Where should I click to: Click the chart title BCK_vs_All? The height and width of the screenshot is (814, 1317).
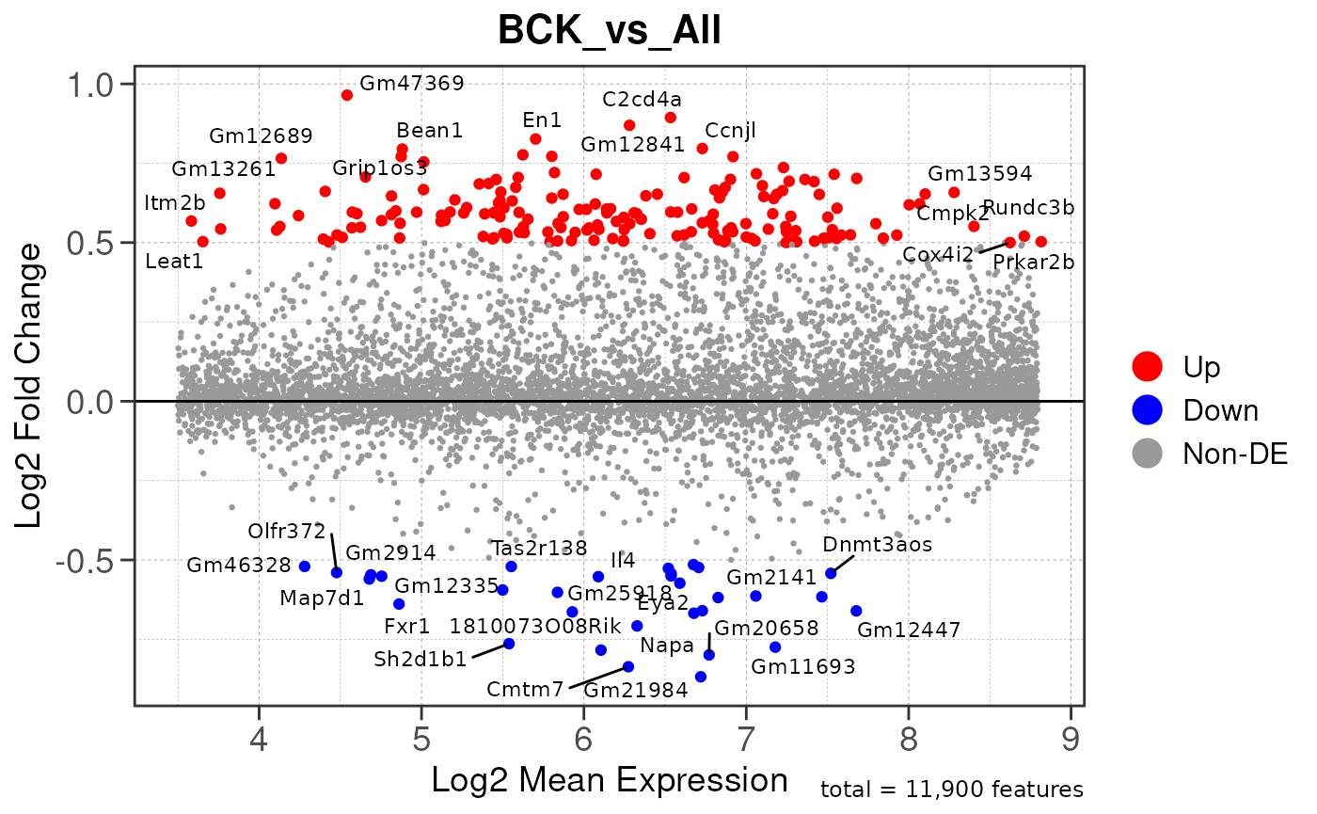coord(609,31)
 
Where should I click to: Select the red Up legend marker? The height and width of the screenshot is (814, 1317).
coord(1149,366)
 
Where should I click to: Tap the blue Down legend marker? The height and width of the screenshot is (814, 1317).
coord(1149,409)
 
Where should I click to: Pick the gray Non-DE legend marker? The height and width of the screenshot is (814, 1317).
coord(1149,453)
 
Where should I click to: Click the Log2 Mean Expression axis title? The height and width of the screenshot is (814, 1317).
coord(609,780)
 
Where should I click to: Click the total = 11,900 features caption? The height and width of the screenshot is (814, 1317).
coord(952,790)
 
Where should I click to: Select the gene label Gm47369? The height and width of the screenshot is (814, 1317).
coord(412,83)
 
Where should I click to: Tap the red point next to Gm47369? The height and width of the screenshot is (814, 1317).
coord(347,95)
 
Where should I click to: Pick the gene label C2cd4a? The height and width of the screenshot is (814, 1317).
coord(643,99)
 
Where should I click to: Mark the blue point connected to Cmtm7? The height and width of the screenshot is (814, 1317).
coord(628,666)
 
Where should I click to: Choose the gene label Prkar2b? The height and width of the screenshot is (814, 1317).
coord(1033,263)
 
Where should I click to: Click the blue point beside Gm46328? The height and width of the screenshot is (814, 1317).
coord(305,566)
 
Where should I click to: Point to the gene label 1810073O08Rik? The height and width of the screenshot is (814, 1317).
coord(535,627)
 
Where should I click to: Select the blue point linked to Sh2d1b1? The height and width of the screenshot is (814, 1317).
coord(509,644)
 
